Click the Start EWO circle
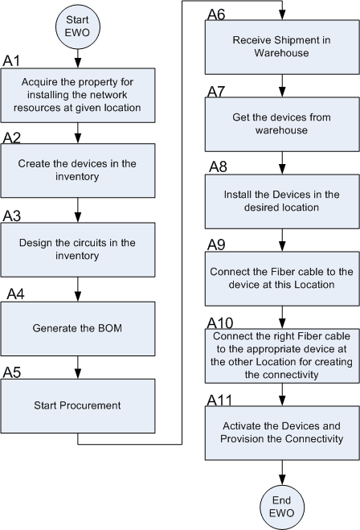[x=78, y=25]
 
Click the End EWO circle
[x=281, y=505]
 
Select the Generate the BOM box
[x=78, y=328]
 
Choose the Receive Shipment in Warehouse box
[x=281, y=47]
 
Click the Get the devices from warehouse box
[x=281, y=125]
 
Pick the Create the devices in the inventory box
[x=78, y=170]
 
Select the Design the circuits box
[x=78, y=249]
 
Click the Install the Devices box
[x=281, y=201]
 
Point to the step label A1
[x=13, y=61]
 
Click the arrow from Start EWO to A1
[x=78, y=58]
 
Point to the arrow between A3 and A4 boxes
[x=78, y=288]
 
